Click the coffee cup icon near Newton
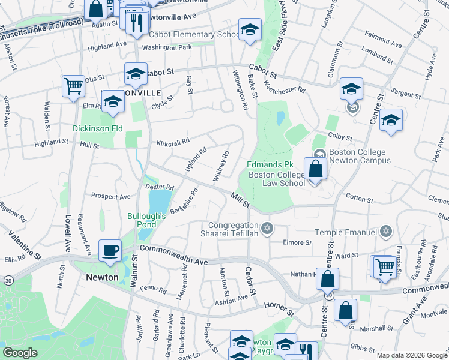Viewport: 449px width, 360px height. point(110,250)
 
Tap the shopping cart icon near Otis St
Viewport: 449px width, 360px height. point(73,85)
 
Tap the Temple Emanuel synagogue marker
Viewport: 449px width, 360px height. point(386,232)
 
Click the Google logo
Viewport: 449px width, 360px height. point(21,352)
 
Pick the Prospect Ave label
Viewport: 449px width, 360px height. point(110,196)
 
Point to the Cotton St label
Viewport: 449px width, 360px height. point(360,198)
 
